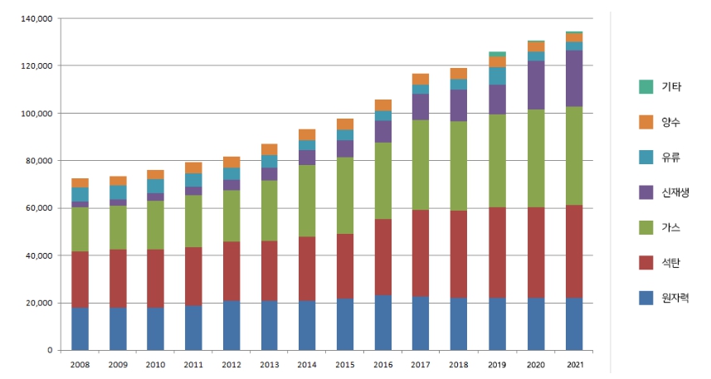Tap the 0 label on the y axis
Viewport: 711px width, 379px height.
[50, 351]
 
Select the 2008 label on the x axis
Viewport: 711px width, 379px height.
[80, 365]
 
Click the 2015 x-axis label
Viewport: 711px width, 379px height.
[344, 365]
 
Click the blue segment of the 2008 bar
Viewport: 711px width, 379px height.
[80, 328]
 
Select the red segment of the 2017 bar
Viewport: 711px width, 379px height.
[420, 253]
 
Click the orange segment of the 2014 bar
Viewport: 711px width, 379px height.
[307, 134]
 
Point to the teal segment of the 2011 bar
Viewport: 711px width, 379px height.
[193, 180]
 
